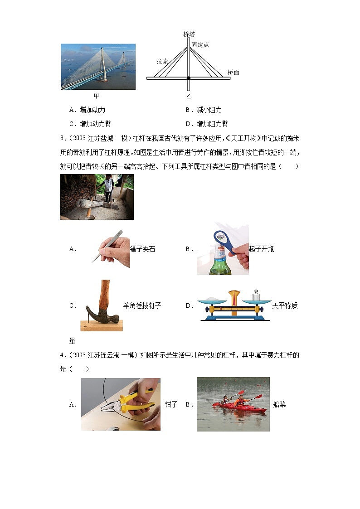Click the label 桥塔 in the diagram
(189, 34)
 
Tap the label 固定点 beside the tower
(200, 45)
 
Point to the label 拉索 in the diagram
(162, 61)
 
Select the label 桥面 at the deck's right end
(234, 72)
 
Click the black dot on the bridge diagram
(189, 78)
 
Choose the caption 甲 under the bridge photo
(96, 96)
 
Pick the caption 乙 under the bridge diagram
(189, 96)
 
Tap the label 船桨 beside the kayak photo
(280, 404)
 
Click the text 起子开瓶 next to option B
(261, 249)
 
